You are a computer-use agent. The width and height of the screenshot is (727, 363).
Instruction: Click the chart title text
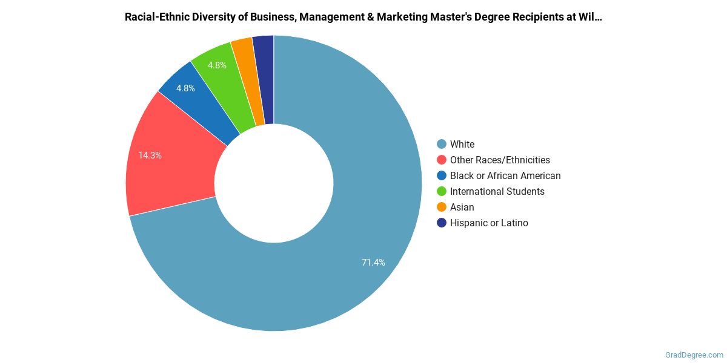click(363, 17)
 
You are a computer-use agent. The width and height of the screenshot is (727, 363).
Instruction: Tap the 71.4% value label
click(373, 263)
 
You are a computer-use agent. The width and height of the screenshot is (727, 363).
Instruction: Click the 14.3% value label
click(150, 155)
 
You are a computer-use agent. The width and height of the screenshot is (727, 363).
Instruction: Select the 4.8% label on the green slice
click(217, 65)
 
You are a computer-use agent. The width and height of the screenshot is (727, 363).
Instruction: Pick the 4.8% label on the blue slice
click(185, 88)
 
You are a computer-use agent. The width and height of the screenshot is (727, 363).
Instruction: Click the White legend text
click(462, 144)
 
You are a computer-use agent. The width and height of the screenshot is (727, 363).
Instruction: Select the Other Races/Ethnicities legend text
click(500, 160)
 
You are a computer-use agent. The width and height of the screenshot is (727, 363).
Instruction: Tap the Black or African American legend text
click(505, 175)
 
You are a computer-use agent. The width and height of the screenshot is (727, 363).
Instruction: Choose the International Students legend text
click(497, 191)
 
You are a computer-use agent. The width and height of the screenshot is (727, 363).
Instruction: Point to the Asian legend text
click(462, 207)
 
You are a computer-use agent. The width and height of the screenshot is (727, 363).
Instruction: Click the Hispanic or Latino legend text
click(489, 223)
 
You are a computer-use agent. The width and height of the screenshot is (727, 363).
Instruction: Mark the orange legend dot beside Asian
click(442, 207)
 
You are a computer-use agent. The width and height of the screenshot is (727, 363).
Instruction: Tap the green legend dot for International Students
click(442, 191)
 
